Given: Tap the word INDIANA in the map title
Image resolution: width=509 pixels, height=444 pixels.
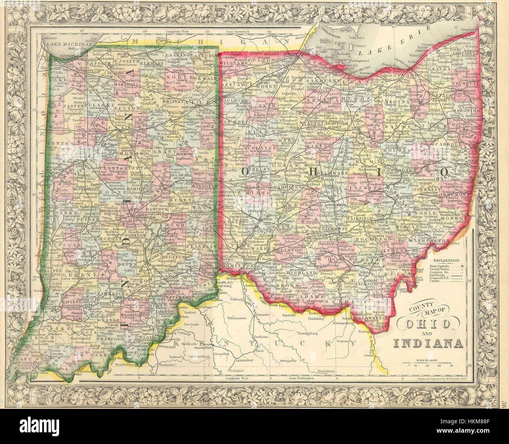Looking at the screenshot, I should (x=428, y=344).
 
